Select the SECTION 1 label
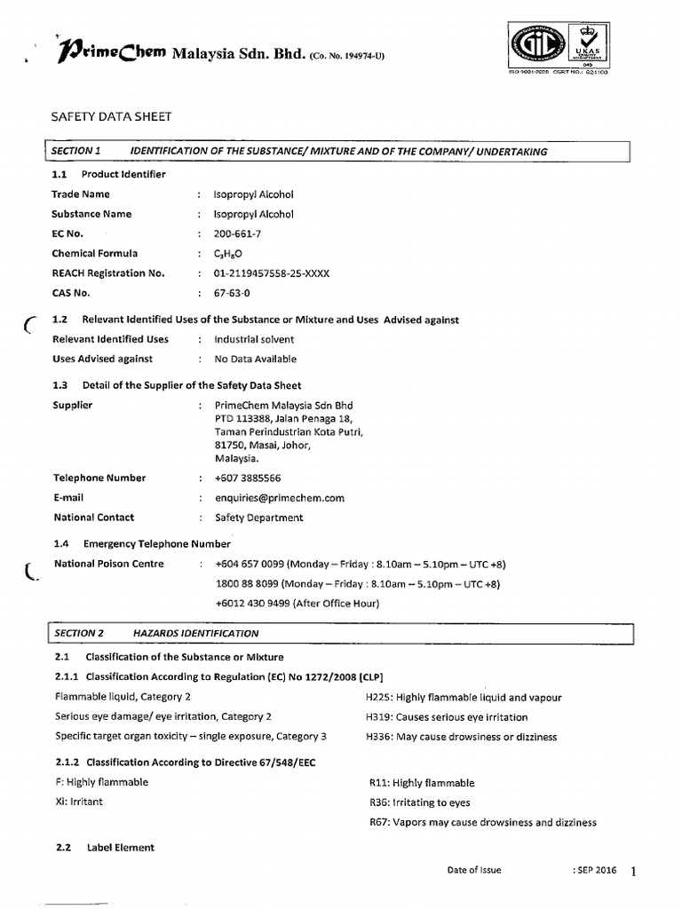click(77, 152)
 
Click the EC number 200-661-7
click(238, 233)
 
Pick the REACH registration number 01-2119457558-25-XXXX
click(272, 273)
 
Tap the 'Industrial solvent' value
click(254, 339)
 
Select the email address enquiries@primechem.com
click(280, 498)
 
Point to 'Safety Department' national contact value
click(258, 518)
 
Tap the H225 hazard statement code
click(378, 698)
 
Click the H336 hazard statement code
click(378, 737)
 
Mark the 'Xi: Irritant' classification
click(78, 802)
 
